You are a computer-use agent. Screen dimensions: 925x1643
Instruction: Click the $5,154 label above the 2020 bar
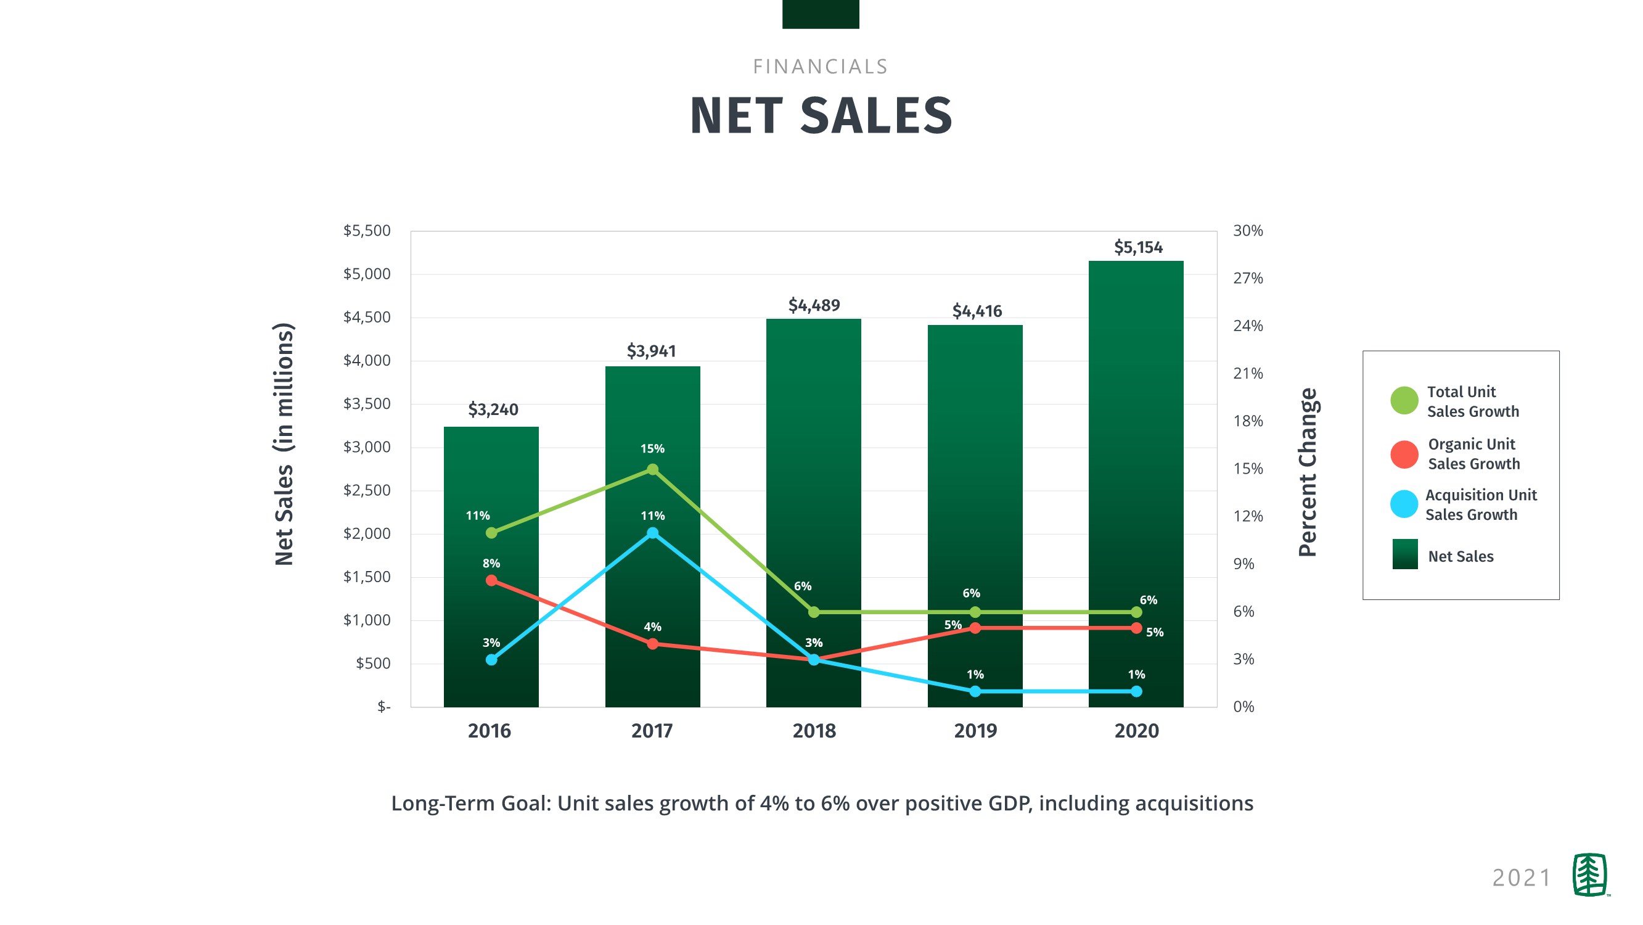(x=1138, y=247)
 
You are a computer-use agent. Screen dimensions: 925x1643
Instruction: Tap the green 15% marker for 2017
(x=652, y=469)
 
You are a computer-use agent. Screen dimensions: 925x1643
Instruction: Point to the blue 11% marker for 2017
(x=652, y=533)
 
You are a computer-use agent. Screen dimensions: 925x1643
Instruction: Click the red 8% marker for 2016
(x=491, y=580)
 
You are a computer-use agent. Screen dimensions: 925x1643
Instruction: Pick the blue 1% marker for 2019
(x=975, y=691)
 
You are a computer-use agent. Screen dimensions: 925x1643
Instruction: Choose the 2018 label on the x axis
(x=814, y=731)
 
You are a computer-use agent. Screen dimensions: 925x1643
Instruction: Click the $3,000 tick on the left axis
(x=367, y=447)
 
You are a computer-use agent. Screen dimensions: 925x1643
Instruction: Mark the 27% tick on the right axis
(x=1248, y=278)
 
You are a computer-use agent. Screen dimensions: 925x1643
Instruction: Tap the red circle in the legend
(x=1404, y=454)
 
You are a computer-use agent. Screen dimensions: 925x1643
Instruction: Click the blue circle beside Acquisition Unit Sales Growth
(x=1404, y=504)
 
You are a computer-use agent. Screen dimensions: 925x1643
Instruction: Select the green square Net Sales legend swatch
(x=1404, y=554)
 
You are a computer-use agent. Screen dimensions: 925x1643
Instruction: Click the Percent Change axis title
(x=1308, y=472)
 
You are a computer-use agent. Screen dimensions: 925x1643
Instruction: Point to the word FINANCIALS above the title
(x=820, y=67)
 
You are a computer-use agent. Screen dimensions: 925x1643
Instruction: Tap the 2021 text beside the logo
(x=1521, y=878)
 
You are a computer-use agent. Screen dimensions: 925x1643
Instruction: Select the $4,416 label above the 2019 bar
(x=977, y=311)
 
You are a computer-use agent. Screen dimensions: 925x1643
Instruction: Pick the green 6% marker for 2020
(x=1136, y=612)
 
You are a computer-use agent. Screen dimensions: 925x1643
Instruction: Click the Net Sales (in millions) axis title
(x=284, y=444)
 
